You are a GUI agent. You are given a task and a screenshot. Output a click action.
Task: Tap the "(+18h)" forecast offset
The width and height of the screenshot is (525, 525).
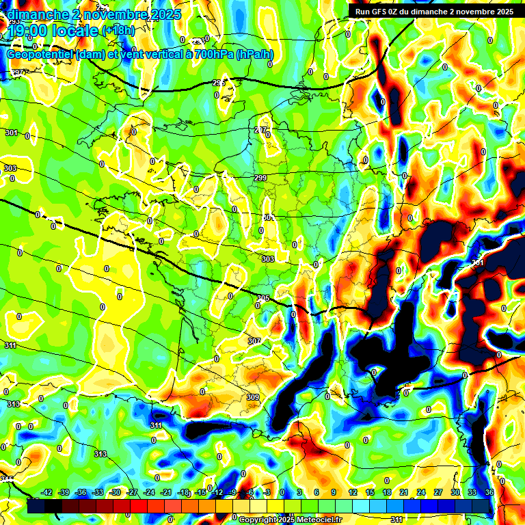[118, 31]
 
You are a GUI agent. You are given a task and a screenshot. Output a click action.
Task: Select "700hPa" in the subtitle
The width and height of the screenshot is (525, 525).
[212, 55]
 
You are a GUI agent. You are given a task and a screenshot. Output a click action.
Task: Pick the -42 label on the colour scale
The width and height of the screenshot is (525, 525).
[47, 492]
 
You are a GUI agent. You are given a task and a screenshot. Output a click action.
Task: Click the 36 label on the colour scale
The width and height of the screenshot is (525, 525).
[489, 492]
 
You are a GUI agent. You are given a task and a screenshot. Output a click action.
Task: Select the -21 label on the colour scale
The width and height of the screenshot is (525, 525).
[166, 492]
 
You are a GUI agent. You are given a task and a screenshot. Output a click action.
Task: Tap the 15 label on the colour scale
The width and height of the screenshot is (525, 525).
[370, 492]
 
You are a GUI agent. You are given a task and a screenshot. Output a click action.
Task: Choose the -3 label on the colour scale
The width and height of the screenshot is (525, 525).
[268, 492]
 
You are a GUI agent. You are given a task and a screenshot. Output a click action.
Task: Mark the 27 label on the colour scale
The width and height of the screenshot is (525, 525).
[438, 492]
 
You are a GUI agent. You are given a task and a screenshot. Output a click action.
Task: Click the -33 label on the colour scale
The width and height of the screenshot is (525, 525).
[98, 492]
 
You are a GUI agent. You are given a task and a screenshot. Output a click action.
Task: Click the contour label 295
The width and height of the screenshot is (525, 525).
[218, 83]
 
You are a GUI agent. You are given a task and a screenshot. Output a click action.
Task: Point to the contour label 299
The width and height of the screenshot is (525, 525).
[260, 178]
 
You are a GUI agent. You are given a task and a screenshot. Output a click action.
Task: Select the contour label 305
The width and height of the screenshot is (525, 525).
[264, 298]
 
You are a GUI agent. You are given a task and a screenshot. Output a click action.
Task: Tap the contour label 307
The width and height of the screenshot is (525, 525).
[254, 340]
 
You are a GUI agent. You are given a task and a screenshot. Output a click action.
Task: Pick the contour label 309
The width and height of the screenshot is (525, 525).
[252, 397]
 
